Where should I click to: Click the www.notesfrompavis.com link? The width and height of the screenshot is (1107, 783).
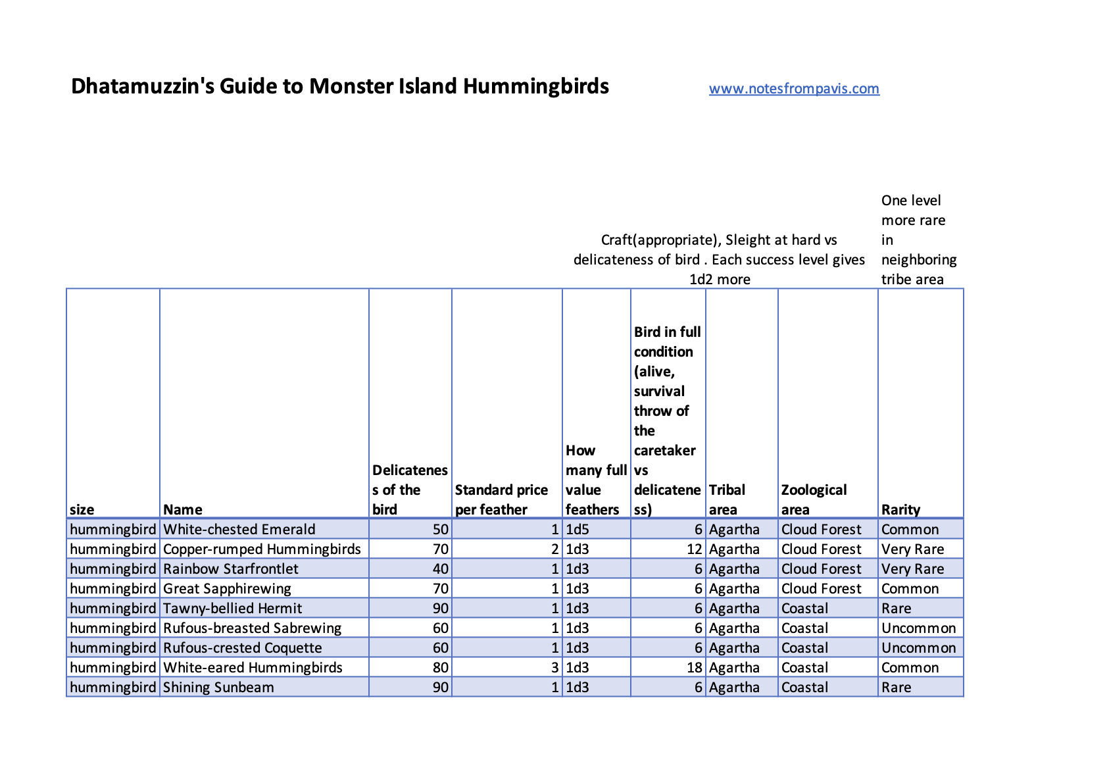[793, 89]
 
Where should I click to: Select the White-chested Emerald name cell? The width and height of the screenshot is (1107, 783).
[239, 530]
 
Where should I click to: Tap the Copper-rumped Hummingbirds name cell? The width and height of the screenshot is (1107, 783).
[262, 549]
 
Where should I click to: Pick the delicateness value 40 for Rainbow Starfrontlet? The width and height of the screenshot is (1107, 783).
[440, 569]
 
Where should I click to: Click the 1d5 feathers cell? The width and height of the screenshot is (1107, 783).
[578, 530]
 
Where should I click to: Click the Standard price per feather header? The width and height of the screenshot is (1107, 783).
[501, 499]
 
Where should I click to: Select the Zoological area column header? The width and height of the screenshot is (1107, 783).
[814, 499]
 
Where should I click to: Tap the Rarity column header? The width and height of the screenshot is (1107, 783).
[900, 509]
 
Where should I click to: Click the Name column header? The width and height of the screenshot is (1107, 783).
[183, 509]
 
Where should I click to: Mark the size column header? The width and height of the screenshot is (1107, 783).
[82, 509]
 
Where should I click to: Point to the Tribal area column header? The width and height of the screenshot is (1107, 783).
[727, 499]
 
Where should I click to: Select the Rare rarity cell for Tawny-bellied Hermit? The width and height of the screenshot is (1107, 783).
[896, 609]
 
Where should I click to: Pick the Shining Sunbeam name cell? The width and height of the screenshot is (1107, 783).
[218, 688]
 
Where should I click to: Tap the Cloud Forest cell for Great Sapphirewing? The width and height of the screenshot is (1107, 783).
[821, 589]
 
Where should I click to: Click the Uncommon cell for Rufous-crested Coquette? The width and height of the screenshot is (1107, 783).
[918, 648]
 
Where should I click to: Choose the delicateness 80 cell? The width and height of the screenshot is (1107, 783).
[440, 668]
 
